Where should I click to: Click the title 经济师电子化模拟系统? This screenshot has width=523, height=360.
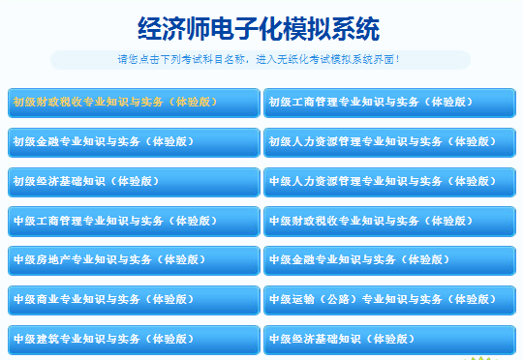click(x=261, y=27)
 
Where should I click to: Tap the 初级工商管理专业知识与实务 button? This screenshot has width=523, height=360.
click(x=389, y=102)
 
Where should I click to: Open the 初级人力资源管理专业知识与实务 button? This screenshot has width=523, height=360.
click(x=389, y=141)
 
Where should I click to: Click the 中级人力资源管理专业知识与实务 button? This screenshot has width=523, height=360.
click(x=389, y=181)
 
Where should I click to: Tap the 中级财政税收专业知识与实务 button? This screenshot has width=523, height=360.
click(x=389, y=221)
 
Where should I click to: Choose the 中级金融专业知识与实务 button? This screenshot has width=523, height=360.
click(x=389, y=260)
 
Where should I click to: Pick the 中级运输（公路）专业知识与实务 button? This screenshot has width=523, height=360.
click(x=389, y=299)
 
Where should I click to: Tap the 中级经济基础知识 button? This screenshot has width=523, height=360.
click(x=389, y=339)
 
